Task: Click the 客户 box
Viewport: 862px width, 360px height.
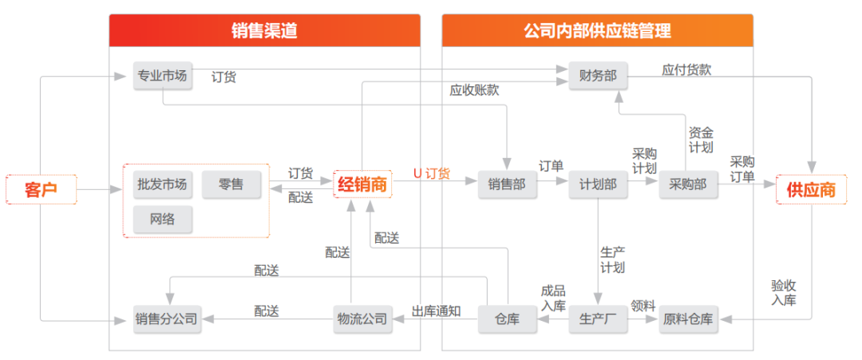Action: pyautogui.click(x=41, y=190)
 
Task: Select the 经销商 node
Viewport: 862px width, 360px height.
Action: pyautogui.click(x=362, y=184)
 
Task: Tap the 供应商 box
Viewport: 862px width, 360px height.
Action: pyautogui.click(x=811, y=190)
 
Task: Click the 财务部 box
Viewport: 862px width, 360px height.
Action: pyautogui.click(x=598, y=77)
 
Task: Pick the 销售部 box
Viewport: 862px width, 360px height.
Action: pyautogui.click(x=507, y=184)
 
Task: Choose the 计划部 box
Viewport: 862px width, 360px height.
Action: pyautogui.click(x=598, y=184)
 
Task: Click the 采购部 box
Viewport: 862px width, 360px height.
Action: pyautogui.click(x=687, y=184)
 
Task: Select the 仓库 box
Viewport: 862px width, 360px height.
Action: pyautogui.click(x=507, y=320)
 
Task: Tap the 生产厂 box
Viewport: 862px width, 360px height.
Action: pyautogui.click(x=598, y=320)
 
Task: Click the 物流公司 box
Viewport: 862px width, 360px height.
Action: pyautogui.click(x=362, y=320)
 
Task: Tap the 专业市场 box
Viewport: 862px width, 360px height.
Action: pyautogui.click(x=162, y=77)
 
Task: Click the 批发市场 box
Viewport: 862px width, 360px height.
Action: pyautogui.click(x=162, y=184)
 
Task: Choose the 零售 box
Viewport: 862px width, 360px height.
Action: pyautogui.click(x=231, y=184)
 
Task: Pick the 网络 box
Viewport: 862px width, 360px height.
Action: pyautogui.click(x=162, y=218)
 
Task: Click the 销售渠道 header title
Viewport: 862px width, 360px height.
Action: pyautogui.click(x=264, y=31)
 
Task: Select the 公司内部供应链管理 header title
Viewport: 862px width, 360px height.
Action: pyautogui.click(x=597, y=31)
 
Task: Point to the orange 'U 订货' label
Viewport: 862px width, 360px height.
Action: pyautogui.click(x=432, y=173)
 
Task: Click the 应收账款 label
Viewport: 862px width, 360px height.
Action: pyautogui.click(x=474, y=90)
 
